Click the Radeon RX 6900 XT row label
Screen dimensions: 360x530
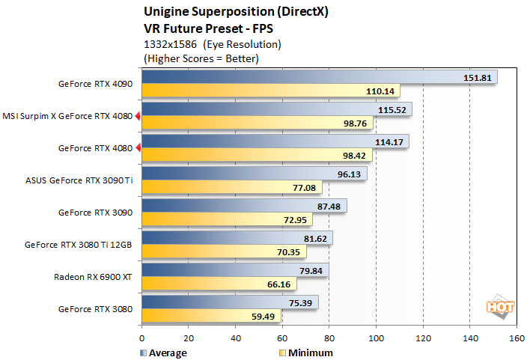(x=93, y=276)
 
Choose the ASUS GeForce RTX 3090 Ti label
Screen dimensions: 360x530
(x=79, y=180)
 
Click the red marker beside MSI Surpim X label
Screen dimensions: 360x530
(x=138, y=116)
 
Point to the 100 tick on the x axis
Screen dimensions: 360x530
(x=376, y=338)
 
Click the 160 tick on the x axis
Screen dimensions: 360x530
(x=516, y=338)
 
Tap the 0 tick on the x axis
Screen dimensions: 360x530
(x=141, y=338)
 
